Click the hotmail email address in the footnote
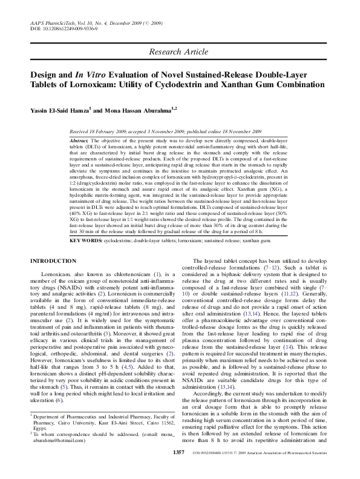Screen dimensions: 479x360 (x=54, y=442)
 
